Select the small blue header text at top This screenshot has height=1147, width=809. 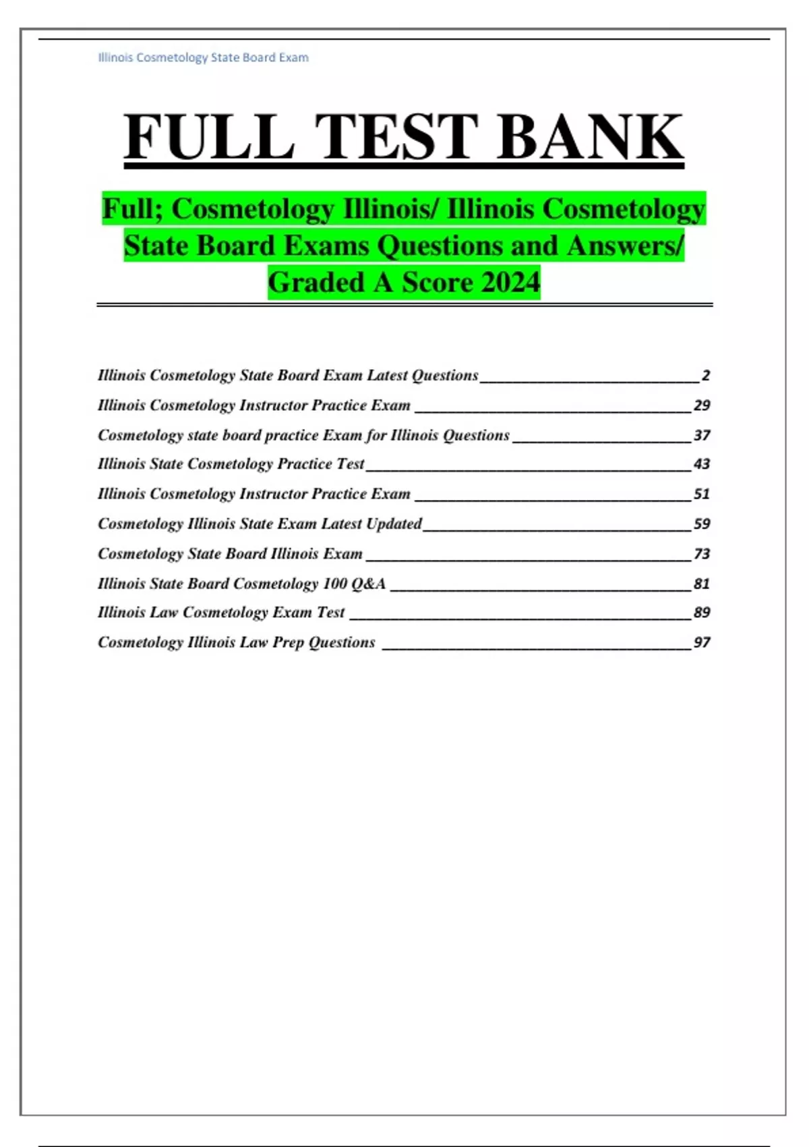click(x=203, y=58)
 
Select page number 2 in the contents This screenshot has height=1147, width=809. click(x=705, y=376)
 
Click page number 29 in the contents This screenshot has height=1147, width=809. click(x=702, y=405)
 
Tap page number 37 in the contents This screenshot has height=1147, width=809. click(x=702, y=435)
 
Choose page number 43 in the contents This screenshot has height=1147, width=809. click(x=702, y=464)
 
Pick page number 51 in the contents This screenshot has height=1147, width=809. click(x=702, y=494)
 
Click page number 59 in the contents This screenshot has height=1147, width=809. click(x=702, y=524)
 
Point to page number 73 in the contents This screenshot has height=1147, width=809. click(x=702, y=554)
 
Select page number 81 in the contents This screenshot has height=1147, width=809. click(x=702, y=584)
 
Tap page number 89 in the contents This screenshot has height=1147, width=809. click(x=702, y=613)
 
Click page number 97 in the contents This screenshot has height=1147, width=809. click(x=702, y=642)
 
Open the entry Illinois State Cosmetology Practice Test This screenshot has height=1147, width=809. click(x=231, y=464)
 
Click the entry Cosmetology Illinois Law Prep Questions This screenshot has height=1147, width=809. click(x=236, y=642)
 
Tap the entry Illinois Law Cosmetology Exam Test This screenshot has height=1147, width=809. click(x=221, y=613)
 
